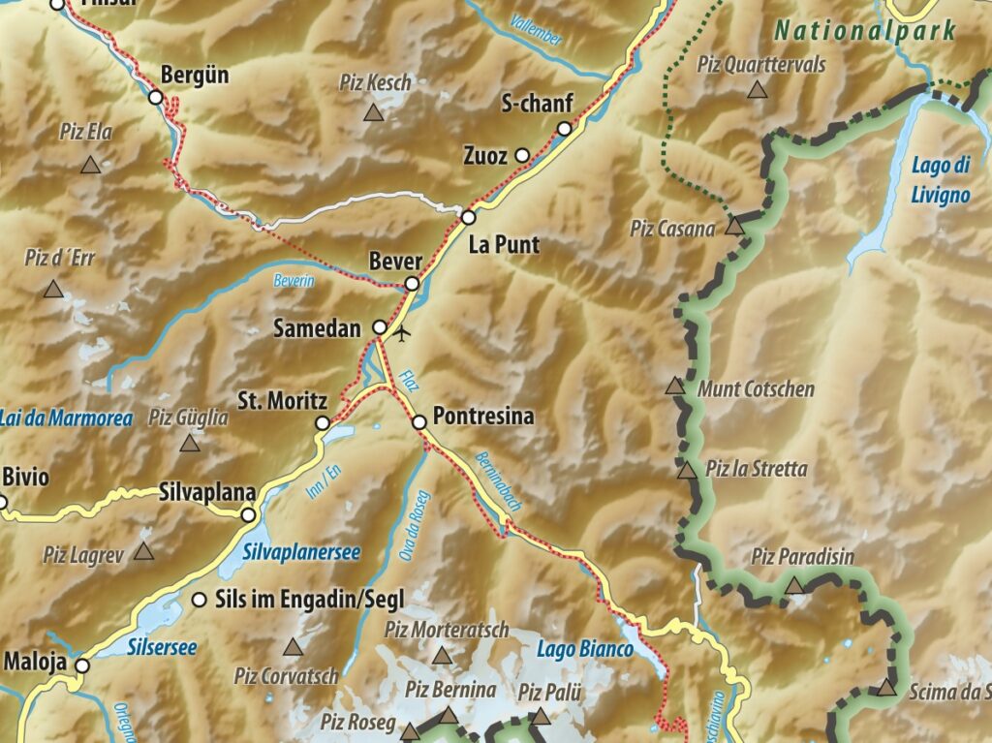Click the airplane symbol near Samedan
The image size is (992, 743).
[x=403, y=334]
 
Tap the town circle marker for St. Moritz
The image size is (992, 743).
[x=323, y=423]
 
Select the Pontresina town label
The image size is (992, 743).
[x=484, y=417]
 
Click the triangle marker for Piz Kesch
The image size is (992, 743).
[x=373, y=113]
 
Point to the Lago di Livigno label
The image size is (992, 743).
[x=940, y=180]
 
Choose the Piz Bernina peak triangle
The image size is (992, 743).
[x=448, y=716]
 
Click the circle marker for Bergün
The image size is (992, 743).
[x=155, y=97]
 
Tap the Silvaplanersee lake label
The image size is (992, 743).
[x=301, y=552]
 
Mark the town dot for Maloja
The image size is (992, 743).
[x=82, y=666]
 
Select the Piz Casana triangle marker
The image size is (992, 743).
[x=734, y=227]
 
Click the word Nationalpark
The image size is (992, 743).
[x=865, y=30]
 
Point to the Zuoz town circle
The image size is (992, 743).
[x=522, y=155]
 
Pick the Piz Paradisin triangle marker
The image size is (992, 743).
[x=794, y=585]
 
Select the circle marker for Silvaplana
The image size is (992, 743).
[x=248, y=515]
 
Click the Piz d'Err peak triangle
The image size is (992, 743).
[x=52, y=289]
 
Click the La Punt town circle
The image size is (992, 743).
[x=469, y=217]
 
